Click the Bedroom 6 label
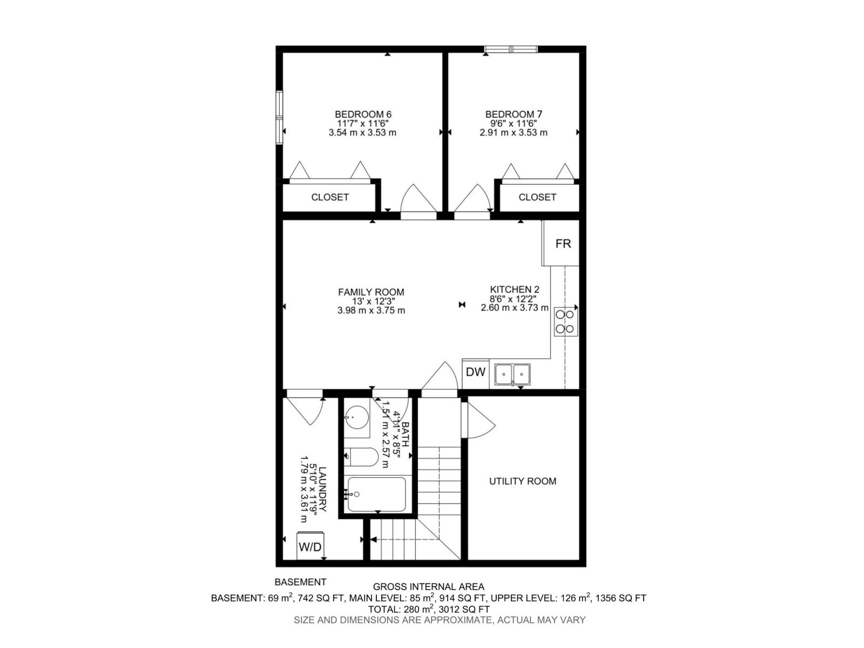(x=363, y=114)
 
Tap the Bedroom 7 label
(x=514, y=114)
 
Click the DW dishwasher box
(x=476, y=372)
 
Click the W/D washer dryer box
(x=310, y=547)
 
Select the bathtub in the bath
(x=376, y=494)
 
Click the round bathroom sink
(x=356, y=417)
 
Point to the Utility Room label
(x=522, y=481)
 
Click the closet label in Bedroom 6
(x=330, y=198)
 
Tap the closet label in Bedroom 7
(x=537, y=198)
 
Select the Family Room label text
(x=371, y=292)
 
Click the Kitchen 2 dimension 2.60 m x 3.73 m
(x=515, y=308)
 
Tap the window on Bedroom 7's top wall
(x=511, y=50)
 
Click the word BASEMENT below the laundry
(x=300, y=582)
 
